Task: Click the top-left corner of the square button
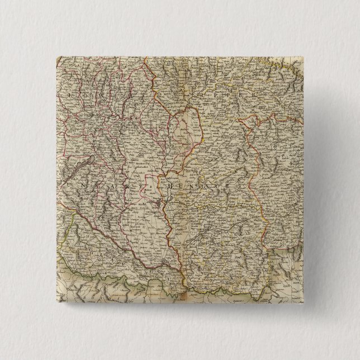tap(56, 55)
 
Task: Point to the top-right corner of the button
tap(309, 54)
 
